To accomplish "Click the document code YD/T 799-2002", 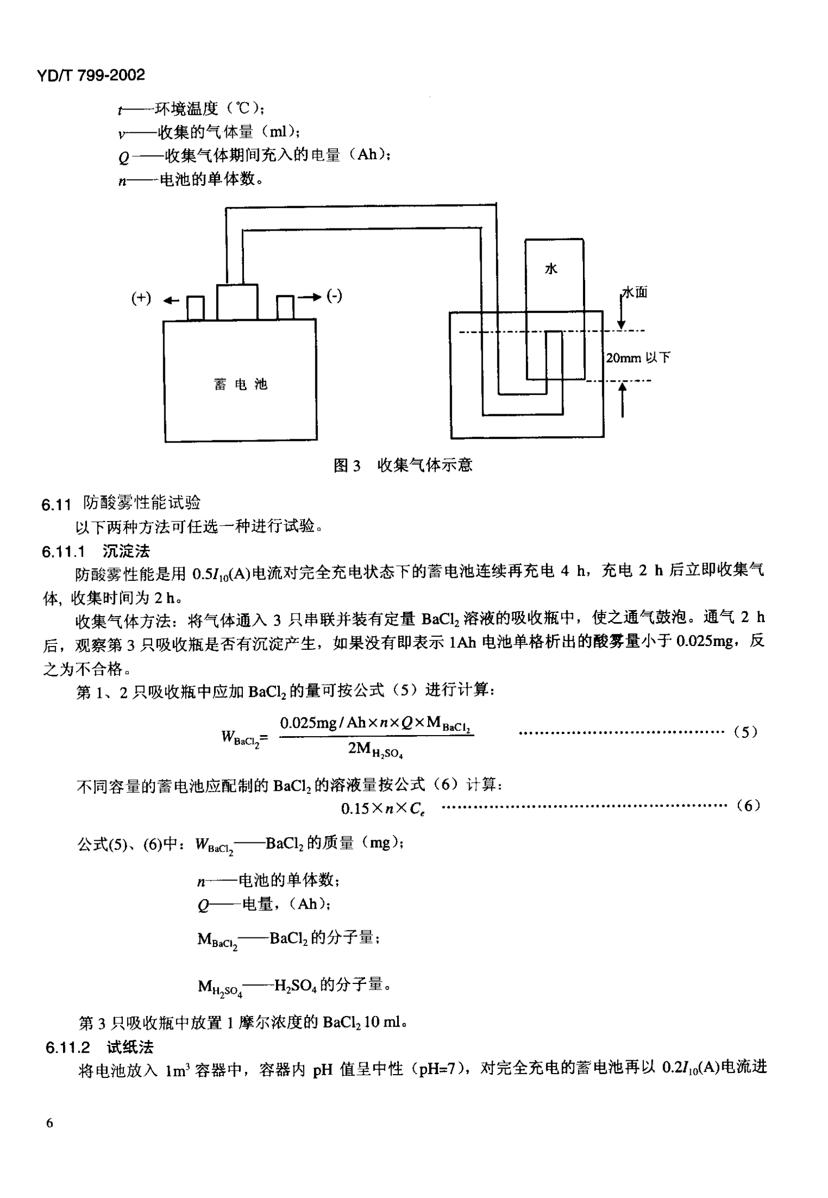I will pos(91,75).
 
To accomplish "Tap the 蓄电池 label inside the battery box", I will pos(240,384).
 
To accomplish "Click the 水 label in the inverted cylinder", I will pos(551,269).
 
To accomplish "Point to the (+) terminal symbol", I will pos(141,298).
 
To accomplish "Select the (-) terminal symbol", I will pos(334,295).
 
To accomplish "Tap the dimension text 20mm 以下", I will pos(637,358).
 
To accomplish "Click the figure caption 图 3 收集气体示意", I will pos(403,465).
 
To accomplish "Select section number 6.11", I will pos(56,505).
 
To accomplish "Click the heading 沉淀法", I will pos(127,551).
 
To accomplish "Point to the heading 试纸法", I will pos(130,1047).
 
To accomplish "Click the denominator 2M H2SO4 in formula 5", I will pos(375,750).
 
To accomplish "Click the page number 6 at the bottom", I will pos(50,1123).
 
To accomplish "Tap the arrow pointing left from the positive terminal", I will pos(171,301).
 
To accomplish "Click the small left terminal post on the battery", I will pos(195,308).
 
